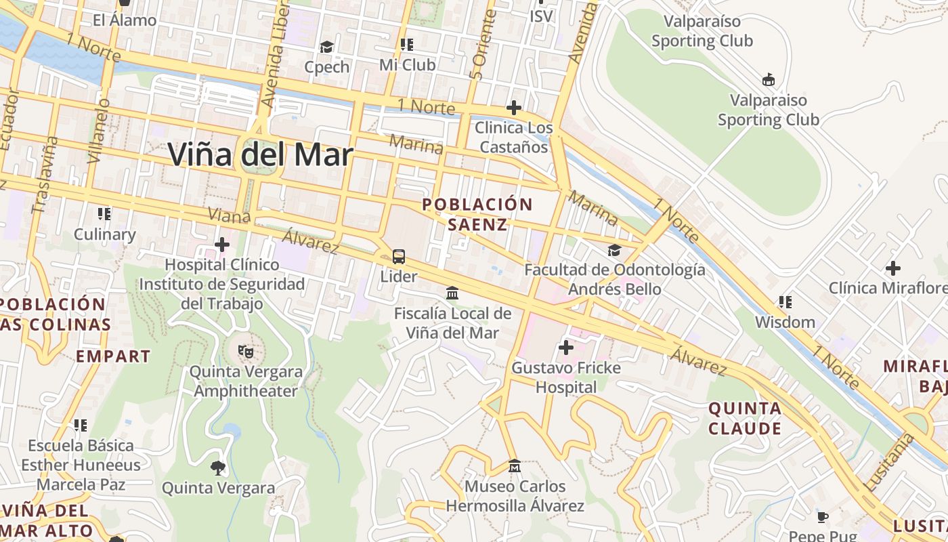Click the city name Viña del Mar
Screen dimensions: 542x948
[260, 155]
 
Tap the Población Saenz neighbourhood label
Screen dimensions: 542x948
[477, 214]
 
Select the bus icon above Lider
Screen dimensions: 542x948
[399, 257]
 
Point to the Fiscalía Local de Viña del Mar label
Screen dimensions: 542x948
[453, 323]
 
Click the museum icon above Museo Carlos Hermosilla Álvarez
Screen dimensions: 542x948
[515, 466]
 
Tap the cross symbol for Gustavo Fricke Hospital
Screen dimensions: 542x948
[565, 348]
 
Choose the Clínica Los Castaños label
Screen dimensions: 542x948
[513, 137]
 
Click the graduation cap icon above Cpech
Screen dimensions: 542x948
[327, 47]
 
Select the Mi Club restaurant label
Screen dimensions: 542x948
[407, 65]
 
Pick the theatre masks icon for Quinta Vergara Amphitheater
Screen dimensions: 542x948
[245, 352]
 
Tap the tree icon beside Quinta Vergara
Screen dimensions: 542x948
[217, 467]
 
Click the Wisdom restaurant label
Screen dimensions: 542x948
[785, 322]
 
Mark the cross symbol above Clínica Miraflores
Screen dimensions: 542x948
[892, 268]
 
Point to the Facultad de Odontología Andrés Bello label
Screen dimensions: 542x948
[615, 279]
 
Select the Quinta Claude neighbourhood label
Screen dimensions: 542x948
[745, 418]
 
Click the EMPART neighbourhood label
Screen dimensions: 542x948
[113, 356]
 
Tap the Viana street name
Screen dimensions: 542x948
[230, 216]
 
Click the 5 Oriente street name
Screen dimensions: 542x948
[477, 54]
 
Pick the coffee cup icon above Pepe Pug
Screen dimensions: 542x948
[823, 518]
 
